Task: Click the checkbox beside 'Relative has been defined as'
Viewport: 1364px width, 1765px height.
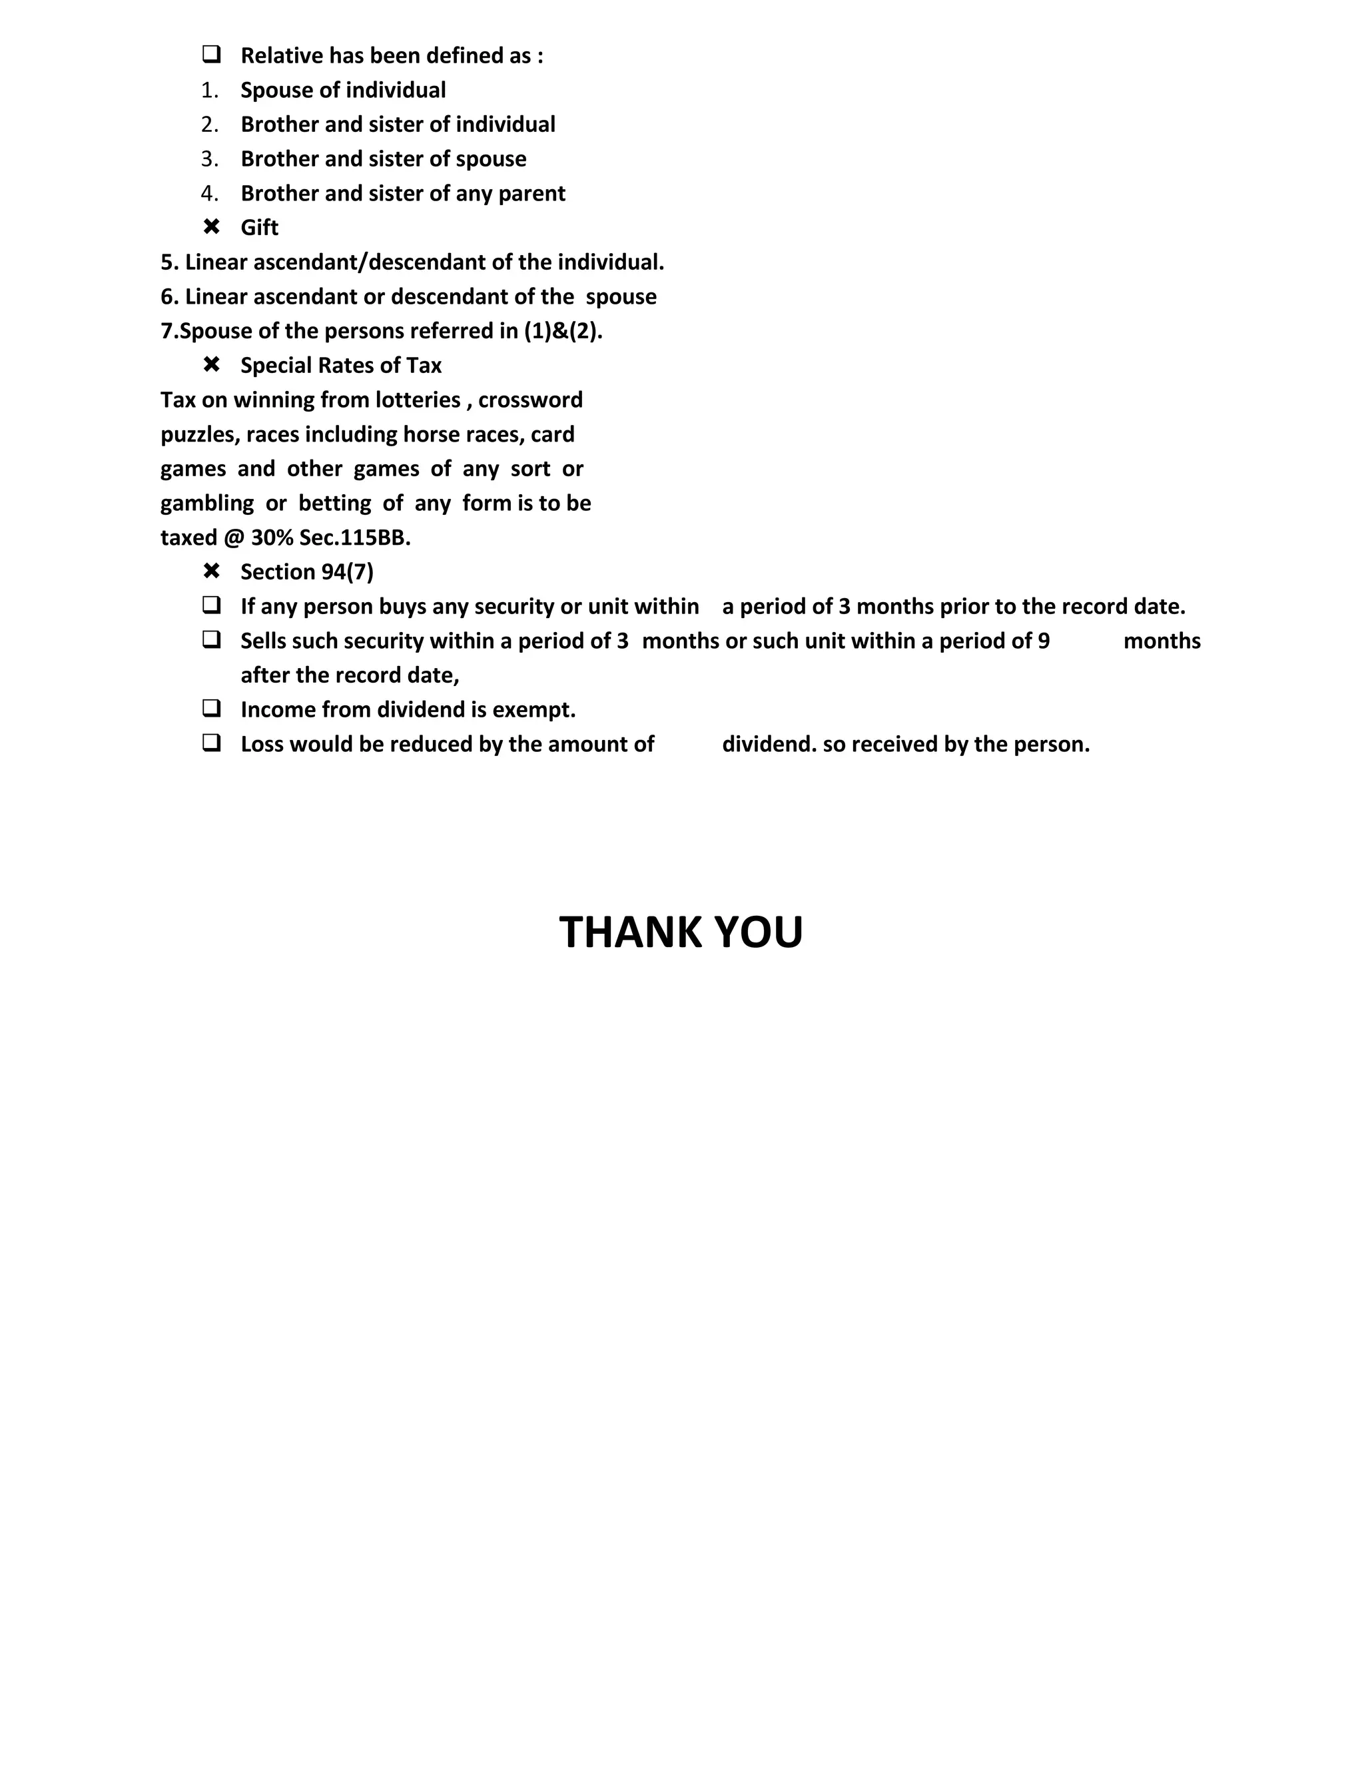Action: click(212, 55)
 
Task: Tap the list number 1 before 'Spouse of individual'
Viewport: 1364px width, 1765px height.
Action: click(210, 91)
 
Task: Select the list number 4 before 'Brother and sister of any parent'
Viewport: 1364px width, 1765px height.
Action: click(210, 194)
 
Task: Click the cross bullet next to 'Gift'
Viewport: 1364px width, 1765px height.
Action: click(212, 227)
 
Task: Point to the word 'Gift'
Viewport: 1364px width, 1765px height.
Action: click(259, 228)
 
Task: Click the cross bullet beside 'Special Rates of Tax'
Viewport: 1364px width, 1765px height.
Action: click(212, 365)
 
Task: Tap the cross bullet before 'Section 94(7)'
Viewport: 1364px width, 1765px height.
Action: click(212, 571)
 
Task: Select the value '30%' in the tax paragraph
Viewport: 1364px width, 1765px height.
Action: click(272, 538)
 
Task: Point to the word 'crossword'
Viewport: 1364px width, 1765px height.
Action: click(530, 400)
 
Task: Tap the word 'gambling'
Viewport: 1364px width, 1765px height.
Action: click(207, 504)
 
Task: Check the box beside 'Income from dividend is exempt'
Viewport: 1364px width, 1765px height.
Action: click(212, 709)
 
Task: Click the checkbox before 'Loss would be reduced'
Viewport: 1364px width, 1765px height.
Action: click(212, 743)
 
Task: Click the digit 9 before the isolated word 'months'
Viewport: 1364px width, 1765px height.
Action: click(1044, 641)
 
